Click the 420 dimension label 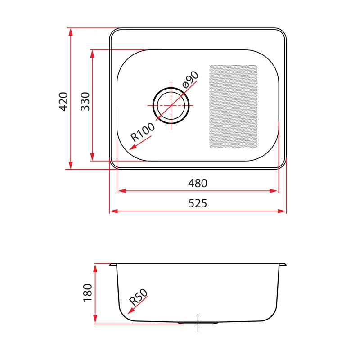(x=63, y=102)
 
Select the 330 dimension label (x=85, y=102)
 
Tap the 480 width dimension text (x=198, y=183)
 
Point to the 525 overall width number (x=198, y=203)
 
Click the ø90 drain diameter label (x=190, y=80)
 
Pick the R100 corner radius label (x=143, y=132)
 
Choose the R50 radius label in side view (x=138, y=297)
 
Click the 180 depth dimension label (x=87, y=293)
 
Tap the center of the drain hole (x=171, y=106)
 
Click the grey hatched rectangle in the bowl (x=233, y=107)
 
